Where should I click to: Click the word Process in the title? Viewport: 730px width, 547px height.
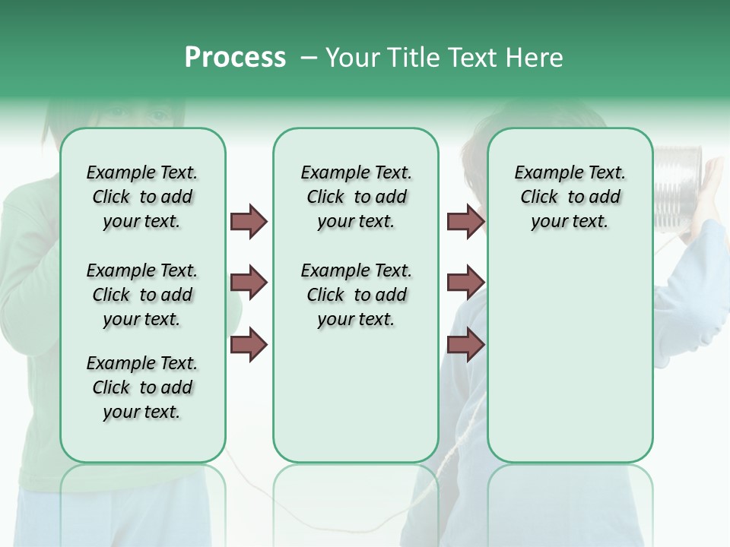[235, 57]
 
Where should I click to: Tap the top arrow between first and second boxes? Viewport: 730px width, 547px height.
[249, 221]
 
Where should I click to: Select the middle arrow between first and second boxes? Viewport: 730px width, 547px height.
[249, 283]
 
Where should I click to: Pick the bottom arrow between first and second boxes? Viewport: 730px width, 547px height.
[249, 345]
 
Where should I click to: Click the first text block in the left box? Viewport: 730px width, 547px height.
[142, 197]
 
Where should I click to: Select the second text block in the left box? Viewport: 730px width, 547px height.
[142, 295]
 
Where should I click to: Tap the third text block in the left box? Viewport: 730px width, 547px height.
[142, 387]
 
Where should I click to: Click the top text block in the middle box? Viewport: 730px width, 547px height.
[356, 197]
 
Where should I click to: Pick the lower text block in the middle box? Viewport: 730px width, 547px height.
[356, 295]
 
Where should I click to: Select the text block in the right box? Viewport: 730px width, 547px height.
[570, 197]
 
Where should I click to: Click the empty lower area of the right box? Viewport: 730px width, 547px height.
[570, 357]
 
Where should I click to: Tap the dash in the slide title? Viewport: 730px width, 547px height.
[309, 58]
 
